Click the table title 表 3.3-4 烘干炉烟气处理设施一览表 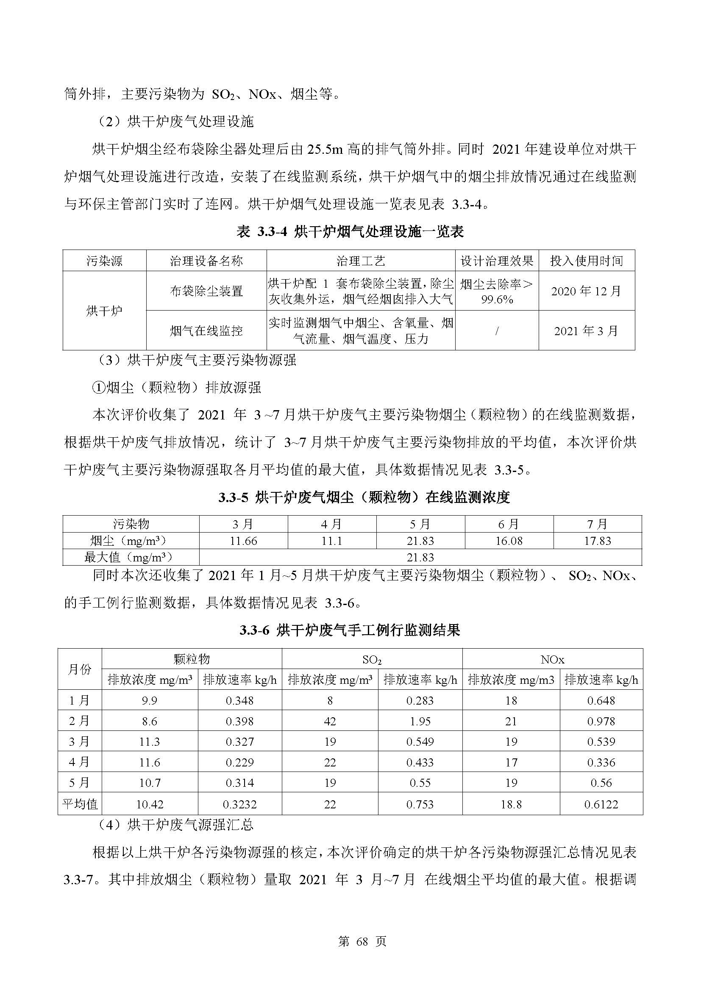pos(350,232)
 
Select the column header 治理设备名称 pos(206,261)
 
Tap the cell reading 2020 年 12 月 pos(586,291)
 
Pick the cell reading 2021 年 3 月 pos(586,330)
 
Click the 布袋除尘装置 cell pos(206,291)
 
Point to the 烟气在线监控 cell pos(206,330)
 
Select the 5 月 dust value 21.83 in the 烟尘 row pos(420,541)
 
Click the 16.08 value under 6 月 pos(509,541)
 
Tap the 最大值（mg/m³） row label pos(131,557)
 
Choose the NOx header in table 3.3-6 pos(552,660)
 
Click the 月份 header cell pos(80,669)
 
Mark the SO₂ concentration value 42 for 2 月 pos(330,721)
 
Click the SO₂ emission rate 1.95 pos(420,721)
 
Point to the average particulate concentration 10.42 pos(149,804)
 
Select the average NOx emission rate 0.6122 pos(601,804)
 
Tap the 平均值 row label pos(80,804)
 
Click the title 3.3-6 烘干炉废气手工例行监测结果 pos(350,630)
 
